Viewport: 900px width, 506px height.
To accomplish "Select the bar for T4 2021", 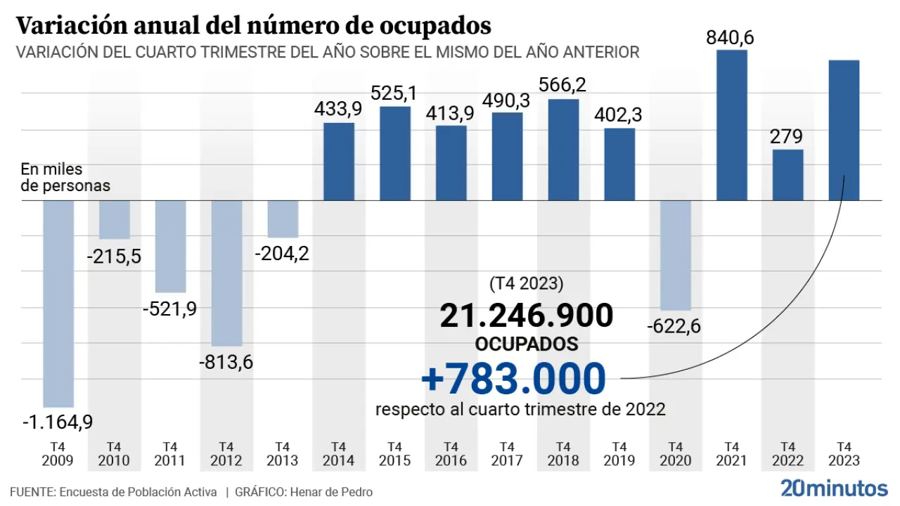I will (732, 125).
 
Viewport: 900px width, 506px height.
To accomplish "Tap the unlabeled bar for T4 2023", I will (844, 130).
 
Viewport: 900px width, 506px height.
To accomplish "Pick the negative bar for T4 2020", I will (676, 255).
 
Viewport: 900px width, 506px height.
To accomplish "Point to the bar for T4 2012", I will (226, 273).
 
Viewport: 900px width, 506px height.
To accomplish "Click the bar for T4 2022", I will (788, 175).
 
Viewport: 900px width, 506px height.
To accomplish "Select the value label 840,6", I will (731, 38).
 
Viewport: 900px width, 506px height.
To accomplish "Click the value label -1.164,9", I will (58, 422).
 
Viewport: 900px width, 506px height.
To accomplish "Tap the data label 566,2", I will (562, 85).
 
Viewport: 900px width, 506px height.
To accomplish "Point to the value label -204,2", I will (283, 253).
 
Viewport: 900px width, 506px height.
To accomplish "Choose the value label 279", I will (787, 136).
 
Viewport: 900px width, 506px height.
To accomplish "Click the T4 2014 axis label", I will (338, 454).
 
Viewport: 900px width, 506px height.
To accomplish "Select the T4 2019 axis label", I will (619, 454).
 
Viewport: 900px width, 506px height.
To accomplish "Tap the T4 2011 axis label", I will (169, 454).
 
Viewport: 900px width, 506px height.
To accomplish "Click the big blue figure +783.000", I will (513, 379).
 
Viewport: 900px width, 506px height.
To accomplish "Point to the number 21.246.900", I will (527, 316).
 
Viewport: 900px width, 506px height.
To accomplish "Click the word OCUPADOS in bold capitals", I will (527, 344).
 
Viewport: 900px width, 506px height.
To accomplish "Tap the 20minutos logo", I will (834, 488).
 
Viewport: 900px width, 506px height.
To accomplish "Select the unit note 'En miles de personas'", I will (65, 178).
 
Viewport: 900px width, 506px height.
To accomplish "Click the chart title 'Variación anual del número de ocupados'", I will (253, 26).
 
